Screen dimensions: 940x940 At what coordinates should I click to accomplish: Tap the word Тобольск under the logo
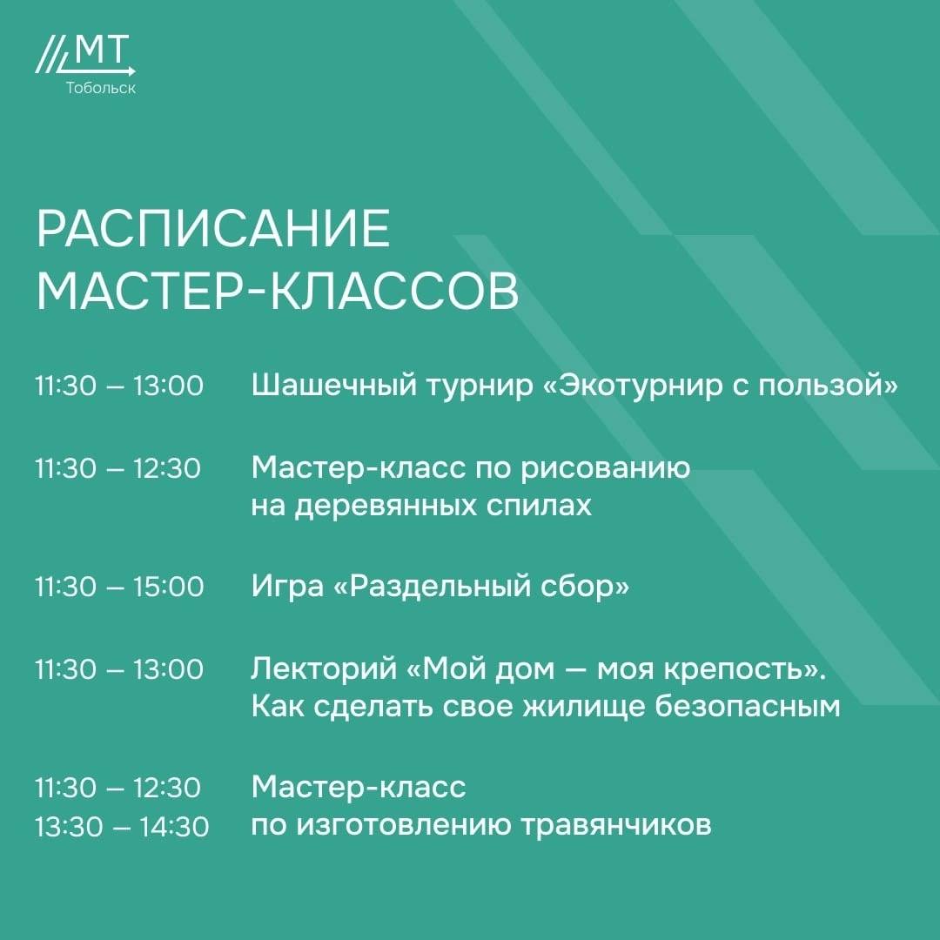click(101, 88)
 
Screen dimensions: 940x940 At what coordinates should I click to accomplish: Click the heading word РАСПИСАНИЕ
click(213, 228)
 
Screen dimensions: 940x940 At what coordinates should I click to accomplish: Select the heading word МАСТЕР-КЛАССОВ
click(278, 292)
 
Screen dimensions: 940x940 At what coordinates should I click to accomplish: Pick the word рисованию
click(605, 469)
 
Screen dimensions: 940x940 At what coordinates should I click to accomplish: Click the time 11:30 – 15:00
click(119, 587)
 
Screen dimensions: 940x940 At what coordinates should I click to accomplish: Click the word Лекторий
click(324, 668)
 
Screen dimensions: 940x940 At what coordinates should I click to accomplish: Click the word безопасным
click(747, 707)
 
